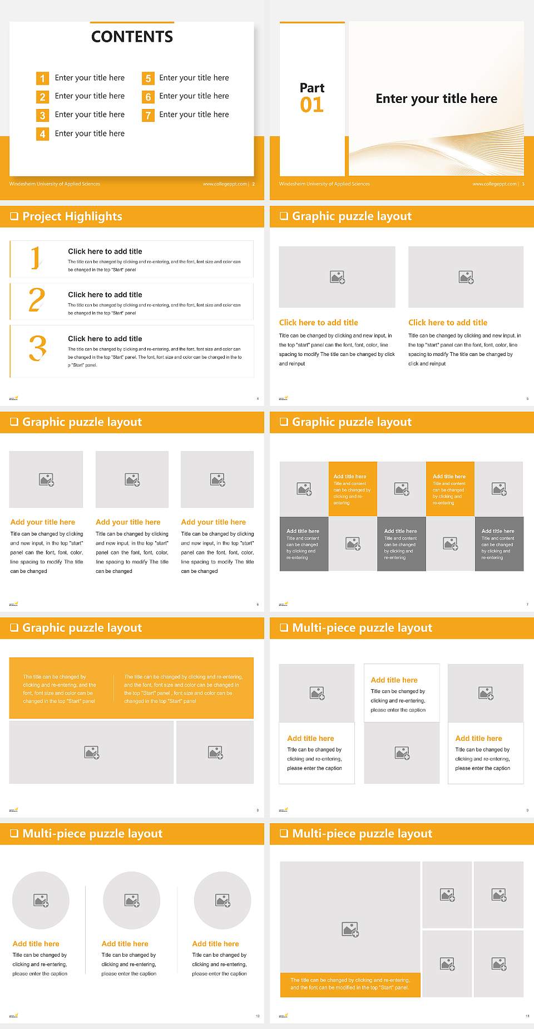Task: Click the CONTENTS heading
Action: click(x=132, y=37)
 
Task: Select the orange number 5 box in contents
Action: click(x=148, y=78)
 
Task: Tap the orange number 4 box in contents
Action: click(x=42, y=134)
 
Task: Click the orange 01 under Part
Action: click(x=311, y=105)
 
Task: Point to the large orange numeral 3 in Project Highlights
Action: click(x=38, y=349)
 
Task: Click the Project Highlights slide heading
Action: click(x=72, y=217)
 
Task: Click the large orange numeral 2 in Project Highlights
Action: click(x=37, y=300)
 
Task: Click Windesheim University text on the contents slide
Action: click(x=55, y=184)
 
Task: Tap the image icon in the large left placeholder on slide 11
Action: click(x=350, y=929)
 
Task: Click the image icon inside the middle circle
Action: click(x=132, y=901)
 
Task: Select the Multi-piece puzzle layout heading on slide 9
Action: click(x=362, y=628)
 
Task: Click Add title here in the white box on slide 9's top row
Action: click(x=394, y=680)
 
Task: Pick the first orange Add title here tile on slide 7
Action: click(x=352, y=488)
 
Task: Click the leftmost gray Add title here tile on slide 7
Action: click(x=304, y=543)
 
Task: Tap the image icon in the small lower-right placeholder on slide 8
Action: click(x=215, y=753)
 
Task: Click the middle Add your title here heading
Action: click(x=128, y=522)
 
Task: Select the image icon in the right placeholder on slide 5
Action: click(x=466, y=277)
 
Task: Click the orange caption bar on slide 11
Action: click(x=350, y=984)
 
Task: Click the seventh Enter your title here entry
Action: click(x=194, y=115)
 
